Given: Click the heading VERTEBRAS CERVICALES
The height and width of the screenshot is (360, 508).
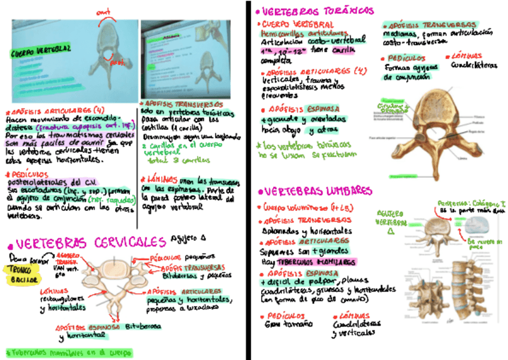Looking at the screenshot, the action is coord(90,243).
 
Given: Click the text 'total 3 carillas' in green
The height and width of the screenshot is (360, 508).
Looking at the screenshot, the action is coord(177,160).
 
